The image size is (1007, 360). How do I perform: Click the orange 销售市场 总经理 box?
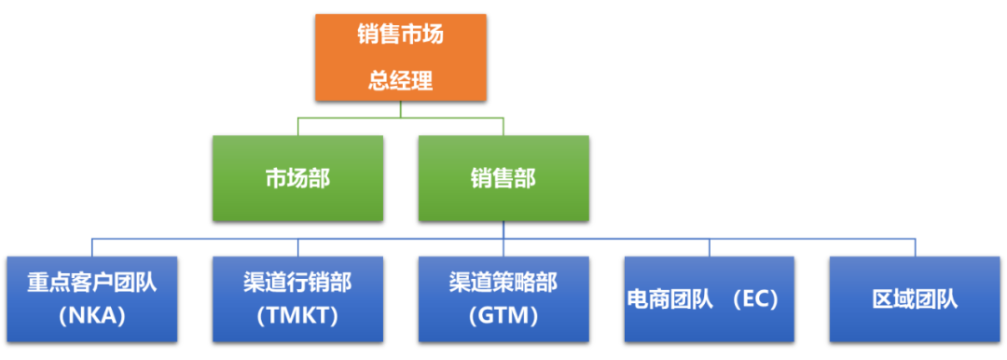coord(400,57)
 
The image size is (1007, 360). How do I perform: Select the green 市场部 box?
coord(297,178)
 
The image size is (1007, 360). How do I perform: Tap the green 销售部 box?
coord(503,178)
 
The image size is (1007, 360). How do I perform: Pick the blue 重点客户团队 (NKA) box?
coord(91,298)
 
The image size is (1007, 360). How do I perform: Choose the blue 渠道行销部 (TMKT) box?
coord(297,298)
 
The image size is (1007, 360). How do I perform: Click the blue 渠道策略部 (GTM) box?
coord(504,298)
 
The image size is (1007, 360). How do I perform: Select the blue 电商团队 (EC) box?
coord(709,298)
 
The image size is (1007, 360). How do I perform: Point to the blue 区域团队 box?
coord(915,298)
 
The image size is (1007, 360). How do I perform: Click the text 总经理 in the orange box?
coord(400,80)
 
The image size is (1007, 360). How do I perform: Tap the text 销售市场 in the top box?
coord(400,35)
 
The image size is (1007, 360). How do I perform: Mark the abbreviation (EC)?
coord(754,300)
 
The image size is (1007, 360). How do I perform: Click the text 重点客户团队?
coord(91,283)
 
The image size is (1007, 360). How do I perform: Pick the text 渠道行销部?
coord(297,283)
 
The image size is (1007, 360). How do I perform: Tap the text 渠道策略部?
coord(504,283)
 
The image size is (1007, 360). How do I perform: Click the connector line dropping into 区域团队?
coord(915,247)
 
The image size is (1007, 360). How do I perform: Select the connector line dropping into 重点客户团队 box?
coord(91,247)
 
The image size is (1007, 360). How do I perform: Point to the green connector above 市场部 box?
coord(297,127)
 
